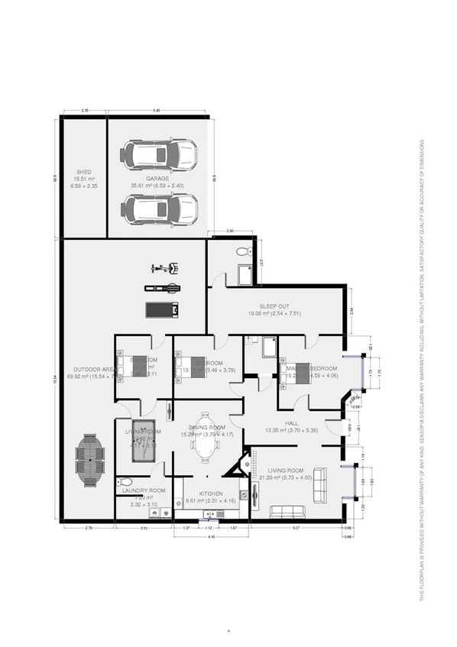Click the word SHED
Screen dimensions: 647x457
point(83,172)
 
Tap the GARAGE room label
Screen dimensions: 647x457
point(158,179)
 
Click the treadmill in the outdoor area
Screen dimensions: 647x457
point(162,309)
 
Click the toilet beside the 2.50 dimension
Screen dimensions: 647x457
point(244,251)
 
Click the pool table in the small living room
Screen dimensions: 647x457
point(143,441)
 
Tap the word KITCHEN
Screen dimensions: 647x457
point(210,493)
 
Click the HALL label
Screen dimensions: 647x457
point(290,423)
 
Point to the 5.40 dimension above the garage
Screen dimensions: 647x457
point(157,112)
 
